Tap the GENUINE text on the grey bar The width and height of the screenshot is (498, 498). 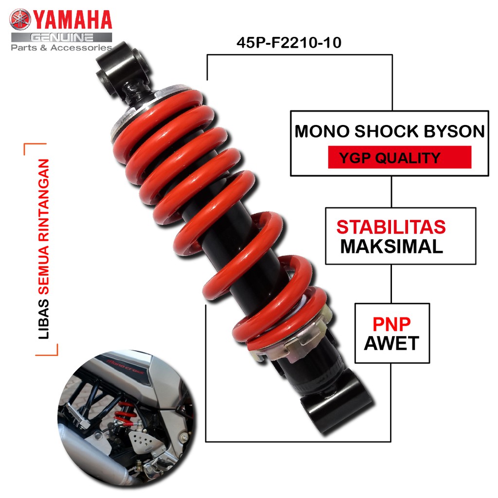pos(62,37)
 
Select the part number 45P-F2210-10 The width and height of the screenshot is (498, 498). pos(289,43)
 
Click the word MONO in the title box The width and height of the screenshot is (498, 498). pos(322,131)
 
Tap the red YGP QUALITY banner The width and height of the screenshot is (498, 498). pos(400,157)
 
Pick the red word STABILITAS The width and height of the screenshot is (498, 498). pos(391,227)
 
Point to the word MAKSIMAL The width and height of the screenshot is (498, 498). pos(391,247)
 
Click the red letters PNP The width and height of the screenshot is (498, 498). pos(391,324)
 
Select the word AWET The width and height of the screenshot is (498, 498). pos(391,343)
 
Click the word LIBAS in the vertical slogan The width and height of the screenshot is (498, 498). pos(43,319)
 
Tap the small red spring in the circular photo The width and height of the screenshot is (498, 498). pos(124,413)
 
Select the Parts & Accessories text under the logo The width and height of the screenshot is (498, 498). pos(62,48)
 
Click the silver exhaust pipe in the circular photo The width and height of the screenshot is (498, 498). pos(92,457)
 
